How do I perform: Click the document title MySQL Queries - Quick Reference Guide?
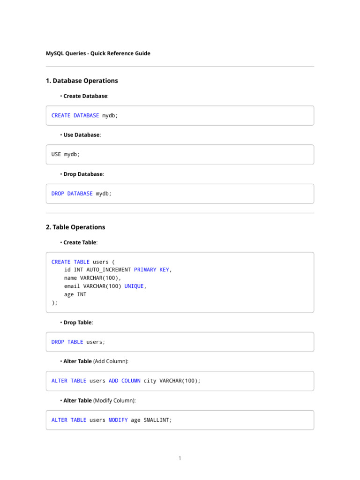coord(98,53)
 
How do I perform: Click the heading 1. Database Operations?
coord(82,81)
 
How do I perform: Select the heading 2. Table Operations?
coord(75,227)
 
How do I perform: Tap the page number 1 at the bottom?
coord(180,458)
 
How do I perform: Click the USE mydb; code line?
coord(66,154)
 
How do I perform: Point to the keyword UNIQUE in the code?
coord(134,286)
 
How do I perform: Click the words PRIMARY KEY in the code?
coord(151,270)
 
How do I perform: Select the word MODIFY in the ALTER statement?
coord(118,420)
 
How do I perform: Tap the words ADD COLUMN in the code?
coord(124,381)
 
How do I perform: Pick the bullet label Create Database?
coord(85,96)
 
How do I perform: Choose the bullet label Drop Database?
coord(83,174)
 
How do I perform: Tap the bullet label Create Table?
coord(80,242)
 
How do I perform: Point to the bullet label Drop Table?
coord(78,322)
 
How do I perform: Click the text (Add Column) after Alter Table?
coord(111,361)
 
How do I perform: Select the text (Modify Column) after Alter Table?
coord(115,401)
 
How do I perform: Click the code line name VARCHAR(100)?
coord(92,278)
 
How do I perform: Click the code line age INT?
coord(75,294)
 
